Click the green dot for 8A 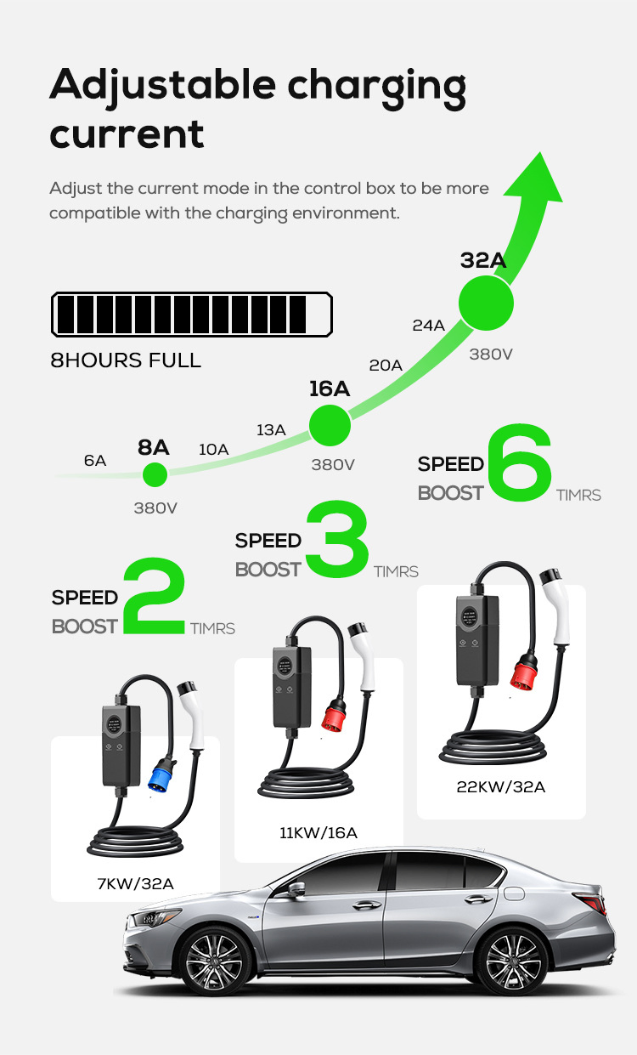tap(155, 474)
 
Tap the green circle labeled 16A tap(330, 426)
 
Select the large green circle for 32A tap(487, 303)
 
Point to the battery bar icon tap(191, 315)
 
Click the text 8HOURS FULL tap(126, 360)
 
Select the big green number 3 tap(337, 539)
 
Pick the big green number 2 tap(154, 596)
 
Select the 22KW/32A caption tap(501, 787)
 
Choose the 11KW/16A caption tap(318, 832)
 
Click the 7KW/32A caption tap(136, 884)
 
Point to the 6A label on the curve tap(95, 461)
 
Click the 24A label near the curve tap(428, 325)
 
